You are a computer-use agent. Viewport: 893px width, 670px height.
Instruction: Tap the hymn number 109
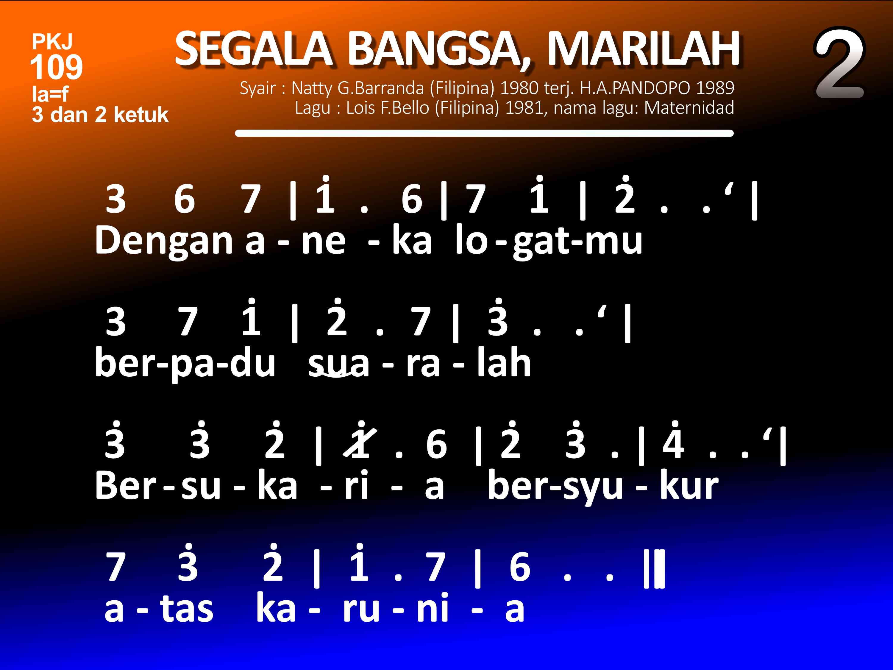pyautogui.click(x=57, y=67)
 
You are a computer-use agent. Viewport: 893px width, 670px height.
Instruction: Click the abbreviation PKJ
pyautogui.click(x=52, y=42)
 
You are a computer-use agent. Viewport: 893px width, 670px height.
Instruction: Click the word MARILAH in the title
pyautogui.click(x=644, y=49)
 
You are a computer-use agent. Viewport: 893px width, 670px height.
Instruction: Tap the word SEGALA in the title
pyautogui.click(x=254, y=49)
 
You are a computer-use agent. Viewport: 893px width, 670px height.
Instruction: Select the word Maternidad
pyautogui.click(x=689, y=108)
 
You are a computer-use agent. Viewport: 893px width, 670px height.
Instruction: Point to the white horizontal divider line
pyautogui.click(x=484, y=133)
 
